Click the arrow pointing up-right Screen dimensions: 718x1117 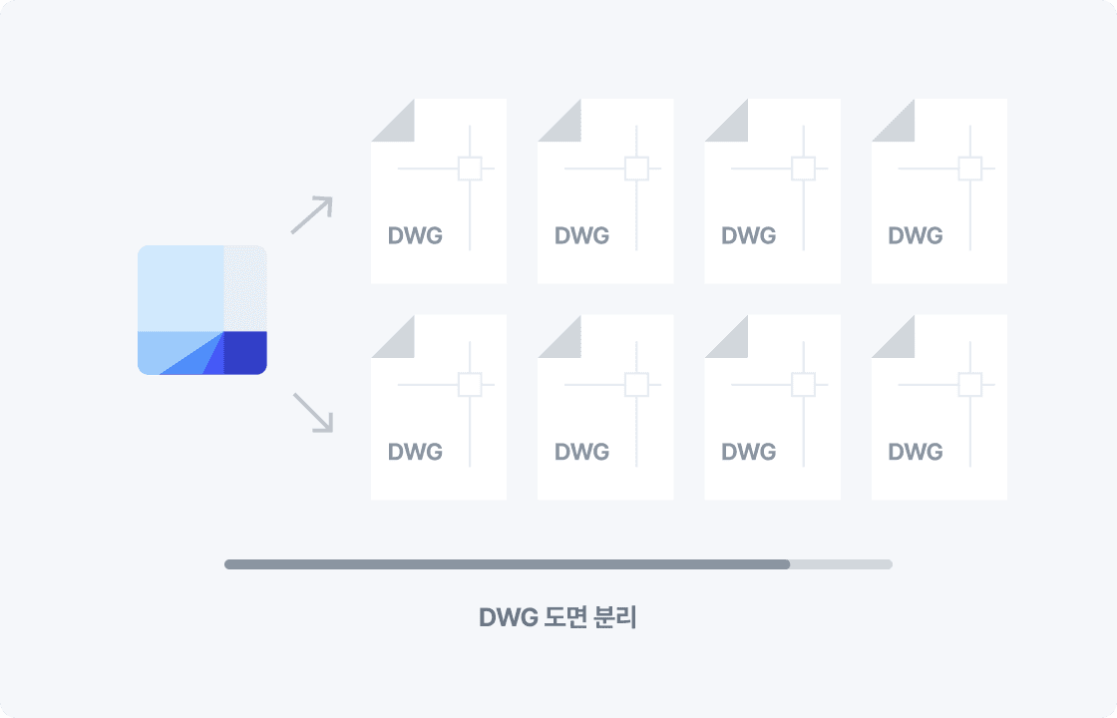pos(311,214)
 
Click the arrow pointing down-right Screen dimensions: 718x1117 pos(311,412)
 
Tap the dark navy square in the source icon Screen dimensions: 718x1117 pos(244,352)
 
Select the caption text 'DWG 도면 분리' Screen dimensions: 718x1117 pos(558,617)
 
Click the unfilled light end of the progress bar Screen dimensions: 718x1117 pos(841,564)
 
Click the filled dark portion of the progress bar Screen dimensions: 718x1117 pos(507,564)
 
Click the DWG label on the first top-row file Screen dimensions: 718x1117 pos(415,236)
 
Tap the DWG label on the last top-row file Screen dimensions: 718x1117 pos(916,236)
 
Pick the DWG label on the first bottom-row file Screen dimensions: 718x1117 pos(415,452)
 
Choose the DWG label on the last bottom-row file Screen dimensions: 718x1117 pos(916,452)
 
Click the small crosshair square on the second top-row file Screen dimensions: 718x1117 pos(636,169)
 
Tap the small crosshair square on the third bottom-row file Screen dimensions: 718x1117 pos(803,384)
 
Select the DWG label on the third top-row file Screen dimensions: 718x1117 pos(749,236)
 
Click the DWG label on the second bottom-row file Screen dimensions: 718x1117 pos(581,452)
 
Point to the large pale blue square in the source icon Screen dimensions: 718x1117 pos(181,287)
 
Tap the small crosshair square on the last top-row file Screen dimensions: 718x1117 pos(969,169)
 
